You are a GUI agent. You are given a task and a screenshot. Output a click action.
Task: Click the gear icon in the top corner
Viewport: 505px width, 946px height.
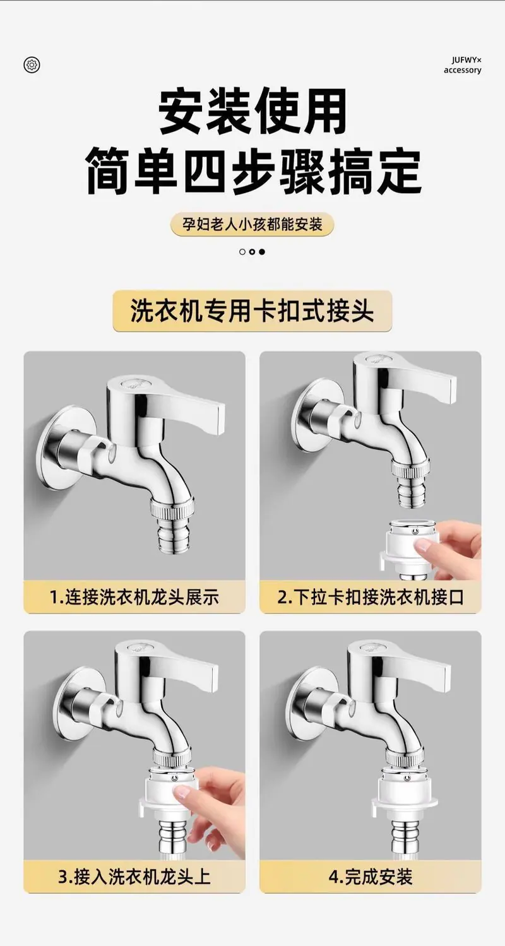click(32, 64)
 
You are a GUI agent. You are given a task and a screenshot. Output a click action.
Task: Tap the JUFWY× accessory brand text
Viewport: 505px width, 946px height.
click(462, 66)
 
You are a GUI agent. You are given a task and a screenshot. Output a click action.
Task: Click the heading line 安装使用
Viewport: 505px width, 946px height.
click(252, 111)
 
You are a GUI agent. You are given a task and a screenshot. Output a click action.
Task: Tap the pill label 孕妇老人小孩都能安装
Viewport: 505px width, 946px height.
click(252, 224)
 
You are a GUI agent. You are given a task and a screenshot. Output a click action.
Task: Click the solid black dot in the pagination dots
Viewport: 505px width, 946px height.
click(262, 252)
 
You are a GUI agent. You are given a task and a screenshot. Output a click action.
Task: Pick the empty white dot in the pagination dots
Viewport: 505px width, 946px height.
click(242, 252)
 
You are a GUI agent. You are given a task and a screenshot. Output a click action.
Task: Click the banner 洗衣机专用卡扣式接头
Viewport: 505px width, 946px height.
click(252, 311)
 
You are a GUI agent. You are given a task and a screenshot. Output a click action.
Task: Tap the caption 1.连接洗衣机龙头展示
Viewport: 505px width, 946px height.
click(134, 597)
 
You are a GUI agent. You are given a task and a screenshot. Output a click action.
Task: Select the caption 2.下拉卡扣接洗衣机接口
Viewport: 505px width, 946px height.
click(371, 597)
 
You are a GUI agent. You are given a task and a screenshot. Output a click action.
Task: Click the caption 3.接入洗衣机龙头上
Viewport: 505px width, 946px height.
click(134, 877)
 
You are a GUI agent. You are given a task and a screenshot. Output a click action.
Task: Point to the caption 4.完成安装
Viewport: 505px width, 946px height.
click(371, 877)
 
